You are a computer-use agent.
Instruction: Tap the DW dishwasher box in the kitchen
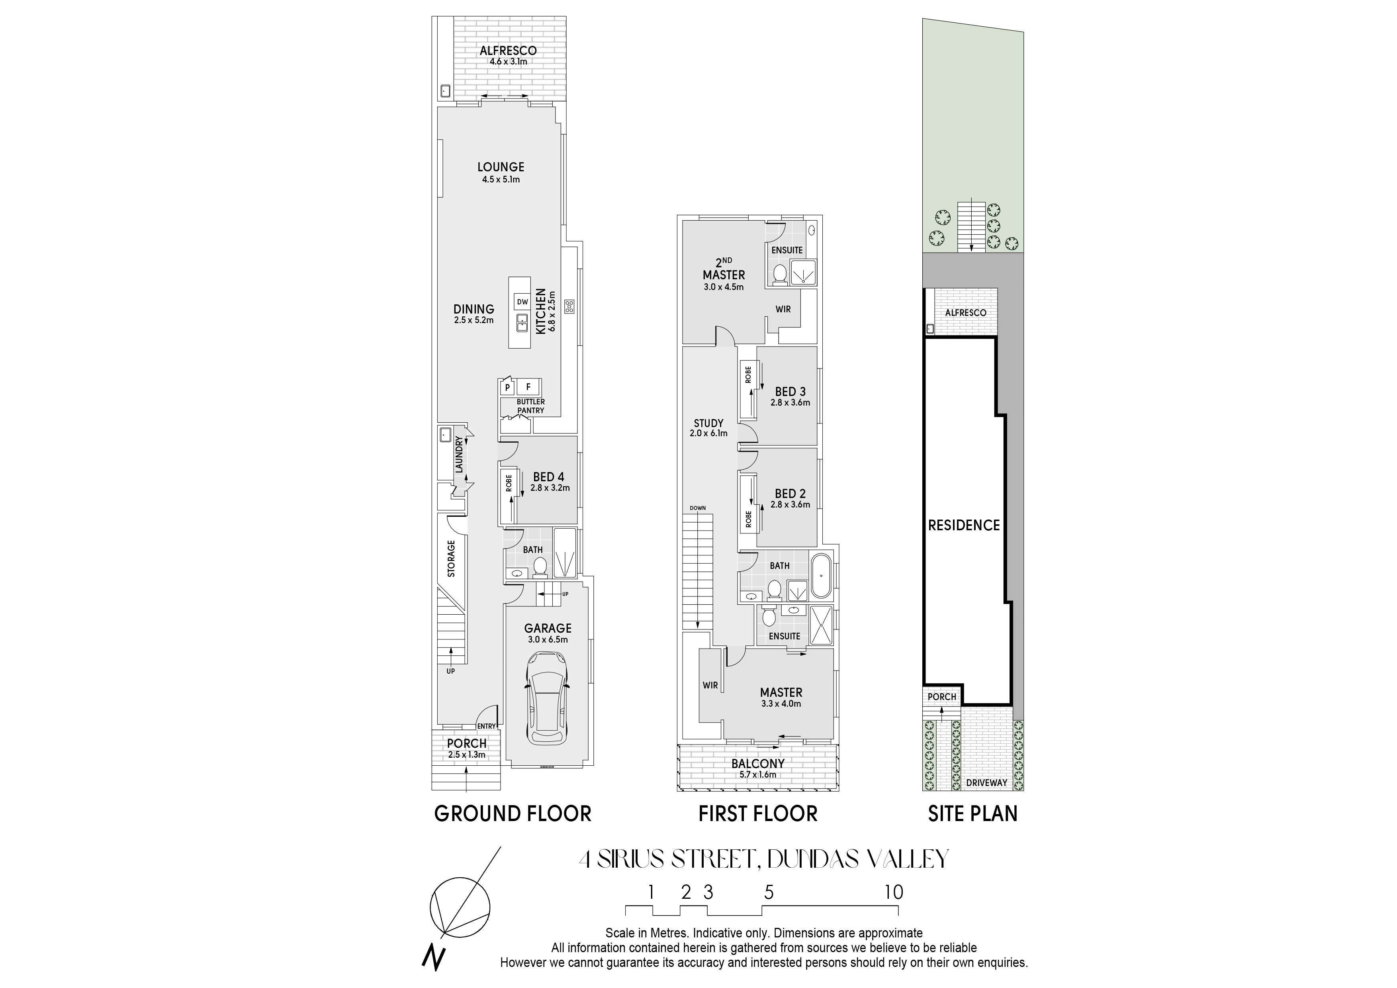[522, 302]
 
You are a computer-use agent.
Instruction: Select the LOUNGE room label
[501, 167]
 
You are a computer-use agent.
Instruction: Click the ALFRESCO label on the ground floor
[508, 51]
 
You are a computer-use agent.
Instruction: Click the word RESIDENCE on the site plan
[964, 525]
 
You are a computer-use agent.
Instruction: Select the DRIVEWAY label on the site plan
[987, 783]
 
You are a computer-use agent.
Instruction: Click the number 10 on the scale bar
[894, 892]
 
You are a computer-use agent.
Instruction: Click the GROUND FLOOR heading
[512, 814]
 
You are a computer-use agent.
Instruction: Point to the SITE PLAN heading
[973, 814]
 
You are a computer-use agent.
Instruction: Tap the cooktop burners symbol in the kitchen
[569, 307]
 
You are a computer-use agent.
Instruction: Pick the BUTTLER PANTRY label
[530, 406]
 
